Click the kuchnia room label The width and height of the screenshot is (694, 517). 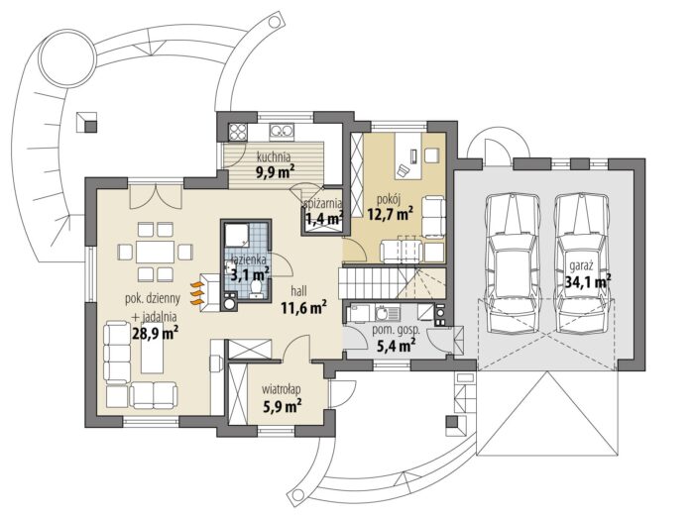pyautogui.click(x=274, y=156)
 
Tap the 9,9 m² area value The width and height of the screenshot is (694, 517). pyautogui.click(x=276, y=170)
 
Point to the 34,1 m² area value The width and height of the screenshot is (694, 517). pyautogui.click(x=589, y=281)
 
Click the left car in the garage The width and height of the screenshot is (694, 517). pyautogui.click(x=513, y=263)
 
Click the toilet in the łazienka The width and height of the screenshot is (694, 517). pyautogui.click(x=256, y=288)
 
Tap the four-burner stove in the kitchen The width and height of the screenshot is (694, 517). pyautogui.click(x=237, y=132)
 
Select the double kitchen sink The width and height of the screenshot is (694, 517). pyautogui.click(x=282, y=131)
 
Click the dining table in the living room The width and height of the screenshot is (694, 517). pyautogui.click(x=155, y=253)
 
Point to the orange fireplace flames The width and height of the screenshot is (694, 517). pyautogui.click(x=197, y=293)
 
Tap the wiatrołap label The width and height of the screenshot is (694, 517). pyautogui.click(x=282, y=389)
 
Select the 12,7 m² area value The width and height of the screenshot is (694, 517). pyautogui.click(x=391, y=215)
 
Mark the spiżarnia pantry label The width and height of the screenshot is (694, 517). pyautogui.click(x=323, y=203)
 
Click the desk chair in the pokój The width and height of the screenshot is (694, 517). pyautogui.click(x=404, y=170)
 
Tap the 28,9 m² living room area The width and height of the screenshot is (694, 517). pyautogui.click(x=156, y=332)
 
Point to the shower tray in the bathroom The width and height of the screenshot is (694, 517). pyautogui.click(x=237, y=236)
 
